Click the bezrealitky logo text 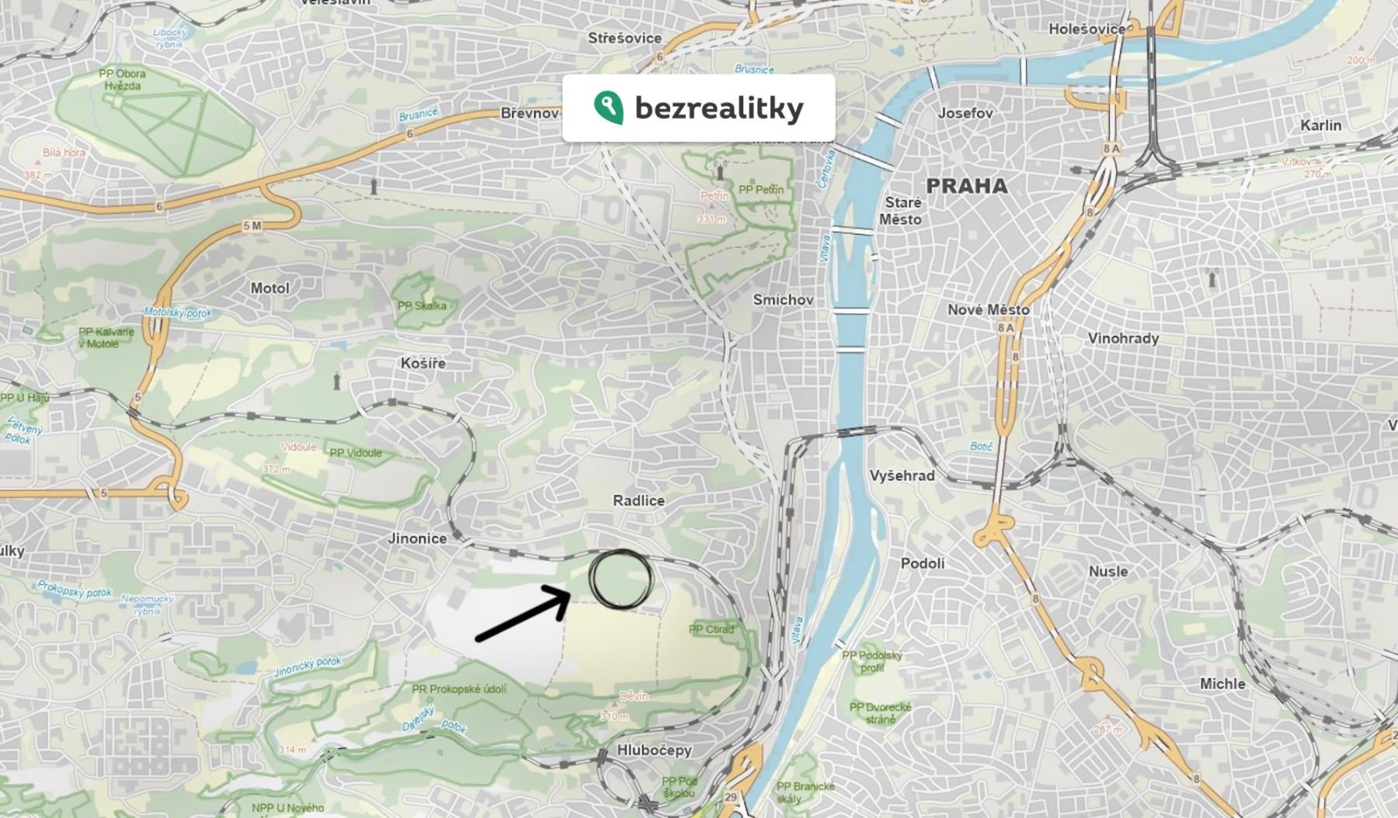[x=718, y=109]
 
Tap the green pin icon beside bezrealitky [x=608, y=107]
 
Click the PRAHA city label [x=967, y=186]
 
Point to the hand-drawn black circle [x=620, y=578]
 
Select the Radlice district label [x=638, y=501]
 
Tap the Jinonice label [x=418, y=538]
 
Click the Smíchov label [x=783, y=300]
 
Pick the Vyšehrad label [x=902, y=475]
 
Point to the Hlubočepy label [x=654, y=750]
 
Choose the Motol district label [x=270, y=288]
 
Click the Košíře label [x=423, y=364]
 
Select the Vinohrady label [x=1123, y=339]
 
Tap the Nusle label [x=1108, y=572]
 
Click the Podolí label [x=923, y=563]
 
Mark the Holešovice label [x=1087, y=29]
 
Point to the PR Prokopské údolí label [x=459, y=689]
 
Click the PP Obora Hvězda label [x=122, y=79]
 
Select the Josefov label [x=965, y=113]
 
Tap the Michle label [x=1222, y=684]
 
